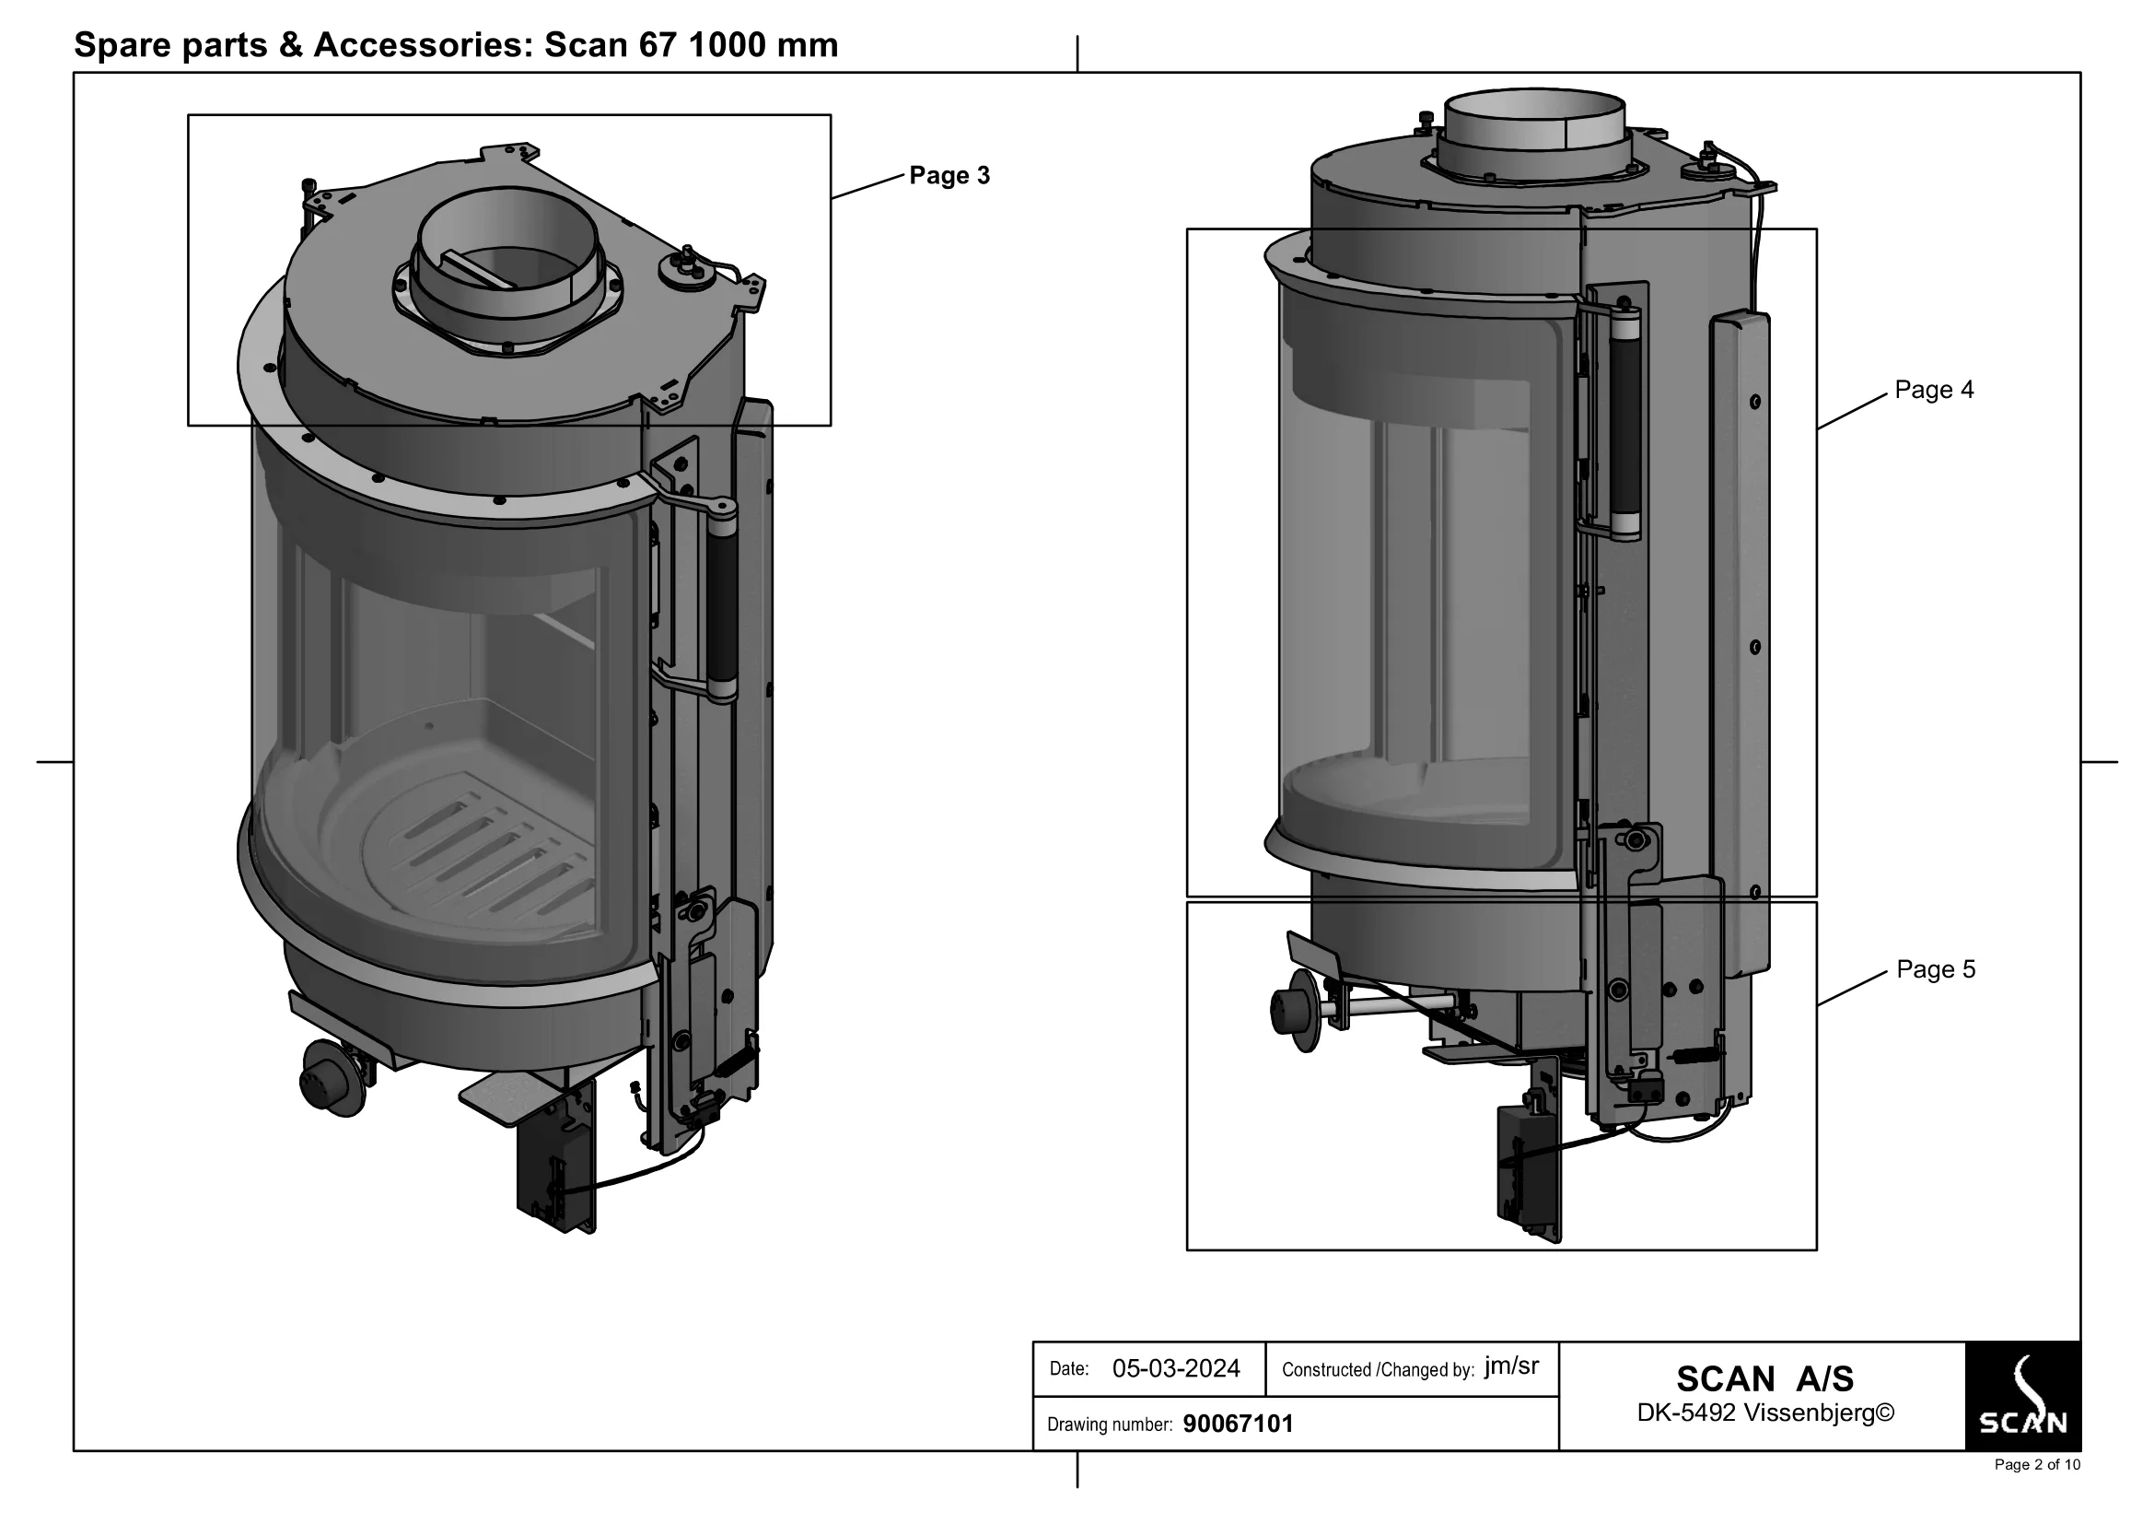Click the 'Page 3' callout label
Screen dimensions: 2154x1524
pyautogui.click(x=949, y=175)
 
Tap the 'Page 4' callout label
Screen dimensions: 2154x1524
pyautogui.click(x=1934, y=390)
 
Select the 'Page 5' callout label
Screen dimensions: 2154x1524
pyautogui.click(x=1936, y=969)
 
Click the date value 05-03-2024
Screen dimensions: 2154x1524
pyautogui.click(x=1175, y=1368)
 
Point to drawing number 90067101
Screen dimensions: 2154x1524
pyautogui.click(x=1238, y=1424)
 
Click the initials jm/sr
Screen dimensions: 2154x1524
pyautogui.click(x=1510, y=1366)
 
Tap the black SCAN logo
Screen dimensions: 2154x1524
pyautogui.click(x=2021, y=1395)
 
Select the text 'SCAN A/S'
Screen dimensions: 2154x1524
pyautogui.click(x=1764, y=1378)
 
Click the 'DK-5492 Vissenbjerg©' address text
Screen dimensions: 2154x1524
pyautogui.click(x=1764, y=1413)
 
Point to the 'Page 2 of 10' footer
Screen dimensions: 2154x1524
pyautogui.click(x=2037, y=1465)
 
